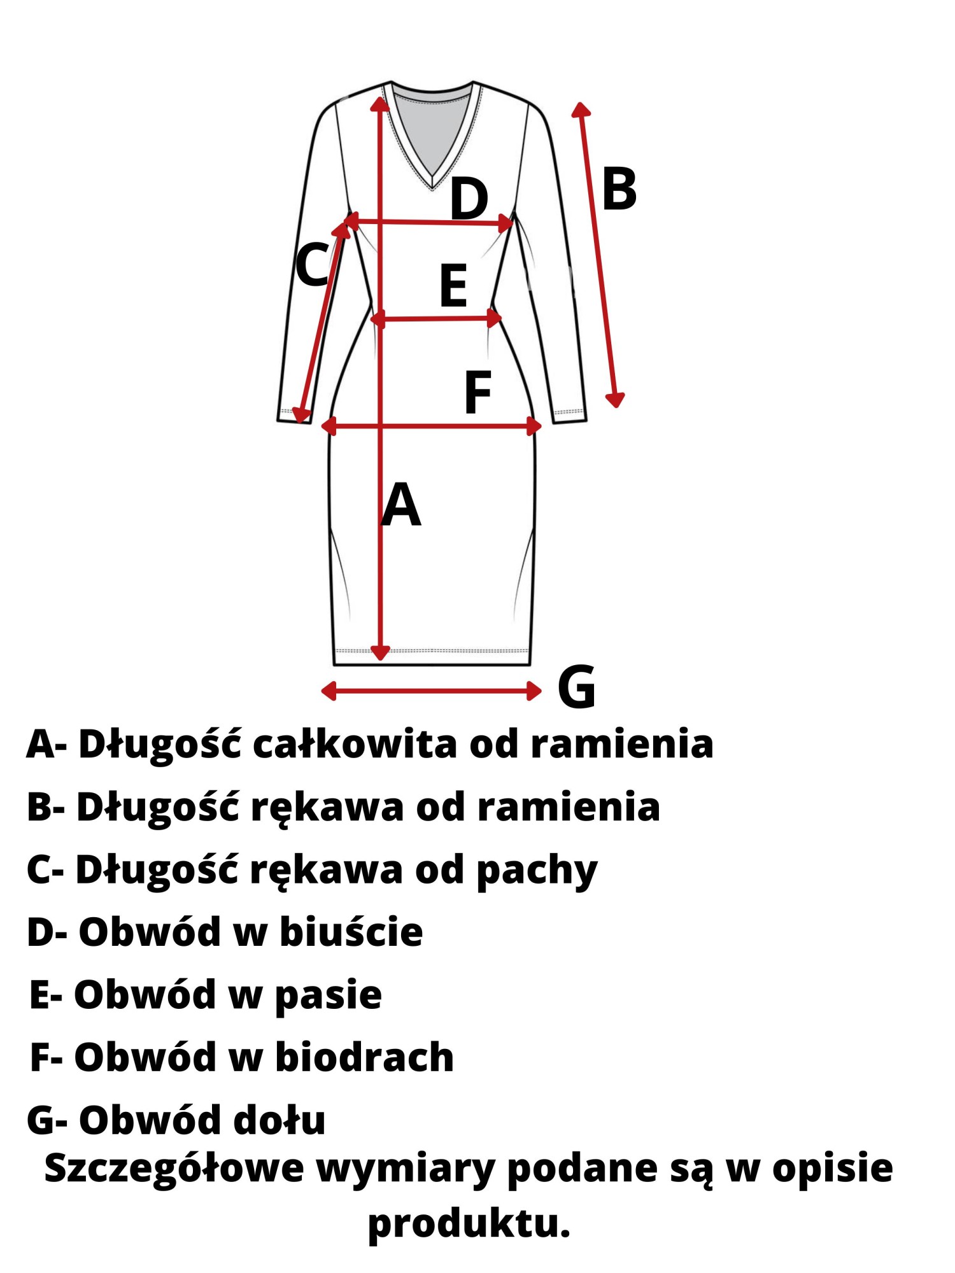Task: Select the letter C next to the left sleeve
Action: (x=312, y=264)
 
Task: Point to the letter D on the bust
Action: (x=469, y=199)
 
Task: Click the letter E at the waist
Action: (x=453, y=286)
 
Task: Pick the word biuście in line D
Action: (x=351, y=932)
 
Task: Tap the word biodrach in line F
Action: (x=364, y=1058)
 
